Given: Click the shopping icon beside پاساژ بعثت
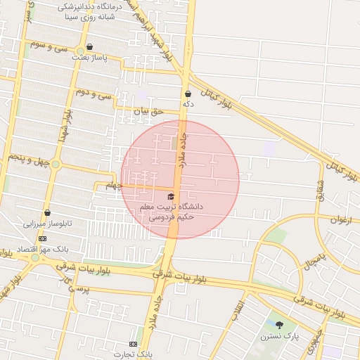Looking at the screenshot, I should click(x=89, y=47).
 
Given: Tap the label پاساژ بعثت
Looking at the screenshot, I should click(x=89, y=59).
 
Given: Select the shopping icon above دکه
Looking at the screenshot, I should click(x=188, y=94).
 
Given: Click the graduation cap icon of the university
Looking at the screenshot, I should click(x=171, y=195).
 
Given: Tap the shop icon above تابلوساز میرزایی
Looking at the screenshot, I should click(x=47, y=212).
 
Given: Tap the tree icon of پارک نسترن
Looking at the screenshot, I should click(x=281, y=325).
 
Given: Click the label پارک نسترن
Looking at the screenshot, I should click(x=281, y=337).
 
